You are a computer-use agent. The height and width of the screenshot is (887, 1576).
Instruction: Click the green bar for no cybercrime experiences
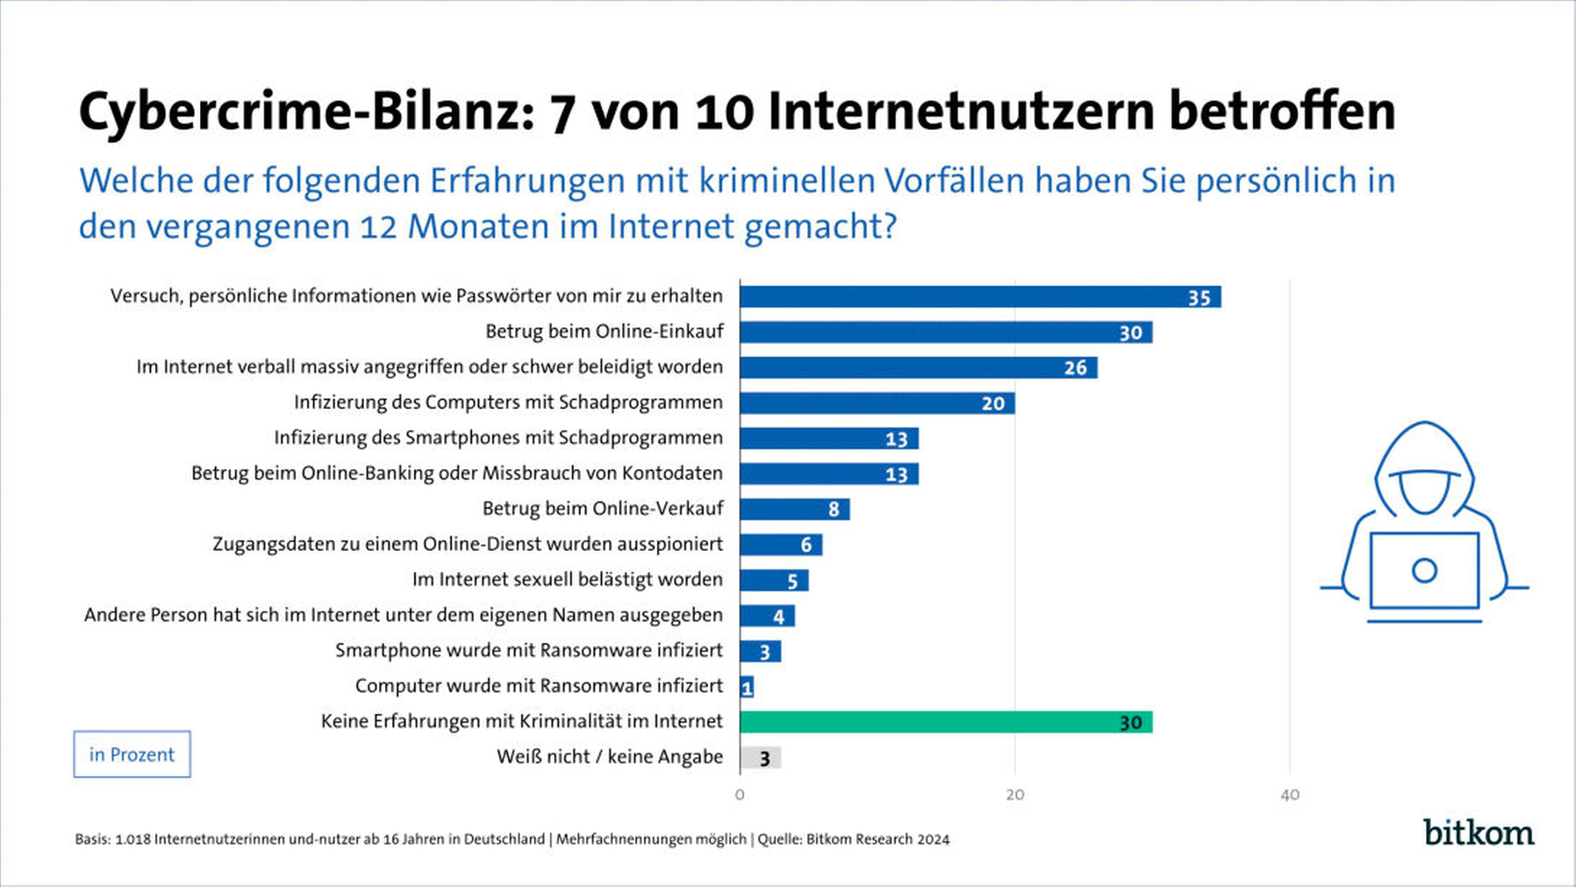946,722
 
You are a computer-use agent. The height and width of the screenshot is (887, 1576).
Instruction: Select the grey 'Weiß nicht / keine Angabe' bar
760,758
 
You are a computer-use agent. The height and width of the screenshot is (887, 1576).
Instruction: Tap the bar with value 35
980,296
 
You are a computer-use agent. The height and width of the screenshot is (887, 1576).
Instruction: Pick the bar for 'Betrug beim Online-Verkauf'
794,509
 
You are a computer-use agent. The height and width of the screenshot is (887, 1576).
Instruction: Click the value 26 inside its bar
1075,368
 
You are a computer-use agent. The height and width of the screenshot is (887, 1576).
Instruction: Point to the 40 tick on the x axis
1289,795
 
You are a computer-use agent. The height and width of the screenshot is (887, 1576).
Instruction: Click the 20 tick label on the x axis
1014,795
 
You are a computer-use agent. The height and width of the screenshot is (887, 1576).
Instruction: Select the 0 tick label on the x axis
740,795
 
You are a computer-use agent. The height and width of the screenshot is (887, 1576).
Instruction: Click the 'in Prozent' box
132,754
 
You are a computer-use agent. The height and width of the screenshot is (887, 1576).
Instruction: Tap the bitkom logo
1478,832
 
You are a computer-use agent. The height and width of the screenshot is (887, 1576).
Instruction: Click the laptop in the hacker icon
1423,571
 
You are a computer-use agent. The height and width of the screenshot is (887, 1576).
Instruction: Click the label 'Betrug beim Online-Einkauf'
604,332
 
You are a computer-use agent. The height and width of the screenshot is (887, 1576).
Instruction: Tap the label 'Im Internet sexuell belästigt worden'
567,579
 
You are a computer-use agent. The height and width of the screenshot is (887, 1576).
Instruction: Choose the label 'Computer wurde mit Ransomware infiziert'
539,686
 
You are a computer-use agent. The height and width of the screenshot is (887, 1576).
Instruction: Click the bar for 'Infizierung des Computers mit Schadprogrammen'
877,403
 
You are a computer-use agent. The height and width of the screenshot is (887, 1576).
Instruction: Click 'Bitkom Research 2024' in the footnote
878,839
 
